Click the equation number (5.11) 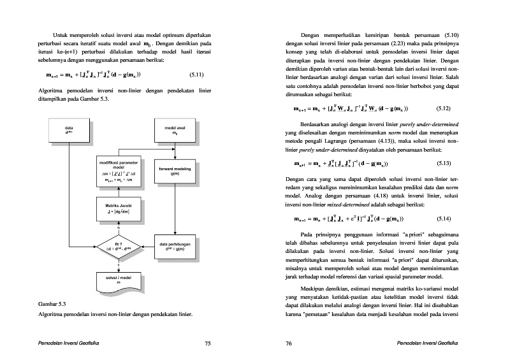click(196, 75)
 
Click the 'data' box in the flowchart click(69, 131)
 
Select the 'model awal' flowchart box click(175, 131)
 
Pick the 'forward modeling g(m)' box click(175, 170)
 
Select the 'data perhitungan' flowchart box click(175, 246)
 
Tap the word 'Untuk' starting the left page click(61, 34)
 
